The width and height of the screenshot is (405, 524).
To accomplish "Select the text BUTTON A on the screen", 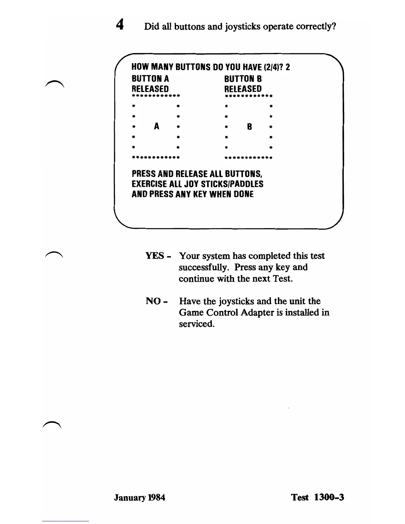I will click(x=150, y=79).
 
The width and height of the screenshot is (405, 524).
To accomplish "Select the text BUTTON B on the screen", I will click(x=243, y=79).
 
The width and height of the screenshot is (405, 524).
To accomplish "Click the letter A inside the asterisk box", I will click(x=157, y=126).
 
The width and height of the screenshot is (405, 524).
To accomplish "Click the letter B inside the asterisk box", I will click(x=249, y=127).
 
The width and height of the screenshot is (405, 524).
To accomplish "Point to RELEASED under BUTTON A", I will click(x=150, y=89).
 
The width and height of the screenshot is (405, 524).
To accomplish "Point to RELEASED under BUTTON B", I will click(x=243, y=89).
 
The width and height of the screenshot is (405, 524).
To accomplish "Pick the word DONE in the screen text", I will click(x=244, y=194).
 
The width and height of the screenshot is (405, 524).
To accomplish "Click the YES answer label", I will click(x=155, y=256).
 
